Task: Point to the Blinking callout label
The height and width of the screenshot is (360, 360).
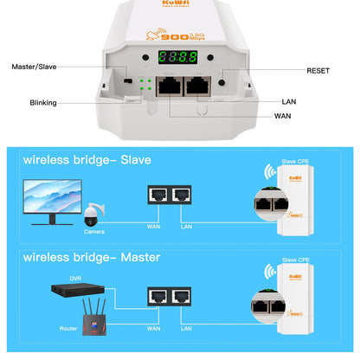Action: (x=42, y=103)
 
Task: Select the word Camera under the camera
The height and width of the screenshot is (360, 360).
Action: (x=95, y=232)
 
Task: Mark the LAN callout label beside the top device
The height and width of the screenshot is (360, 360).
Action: (x=288, y=101)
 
